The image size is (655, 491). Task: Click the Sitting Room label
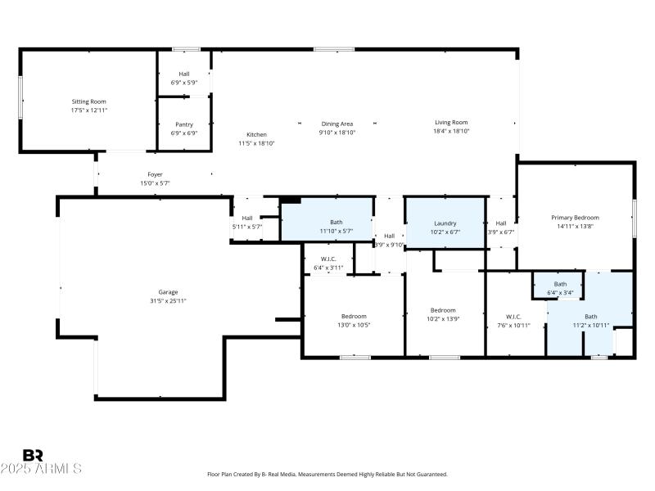pyautogui.click(x=88, y=101)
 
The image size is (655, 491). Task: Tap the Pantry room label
pyautogui.click(x=184, y=124)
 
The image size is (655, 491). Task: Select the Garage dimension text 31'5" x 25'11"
pyautogui.click(x=168, y=301)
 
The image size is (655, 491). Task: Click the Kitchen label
pyautogui.click(x=256, y=134)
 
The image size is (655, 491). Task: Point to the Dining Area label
pyautogui.click(x=336, y=124)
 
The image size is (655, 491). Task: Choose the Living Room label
pyautogui.click(x=450, y=123)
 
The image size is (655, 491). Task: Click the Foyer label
pyautogui.click(x=155, y=174)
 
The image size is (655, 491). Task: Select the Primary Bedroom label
pyautogui.click(x=575, y=218)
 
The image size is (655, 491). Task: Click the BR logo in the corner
pyautogui.click(x=34, y=455)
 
